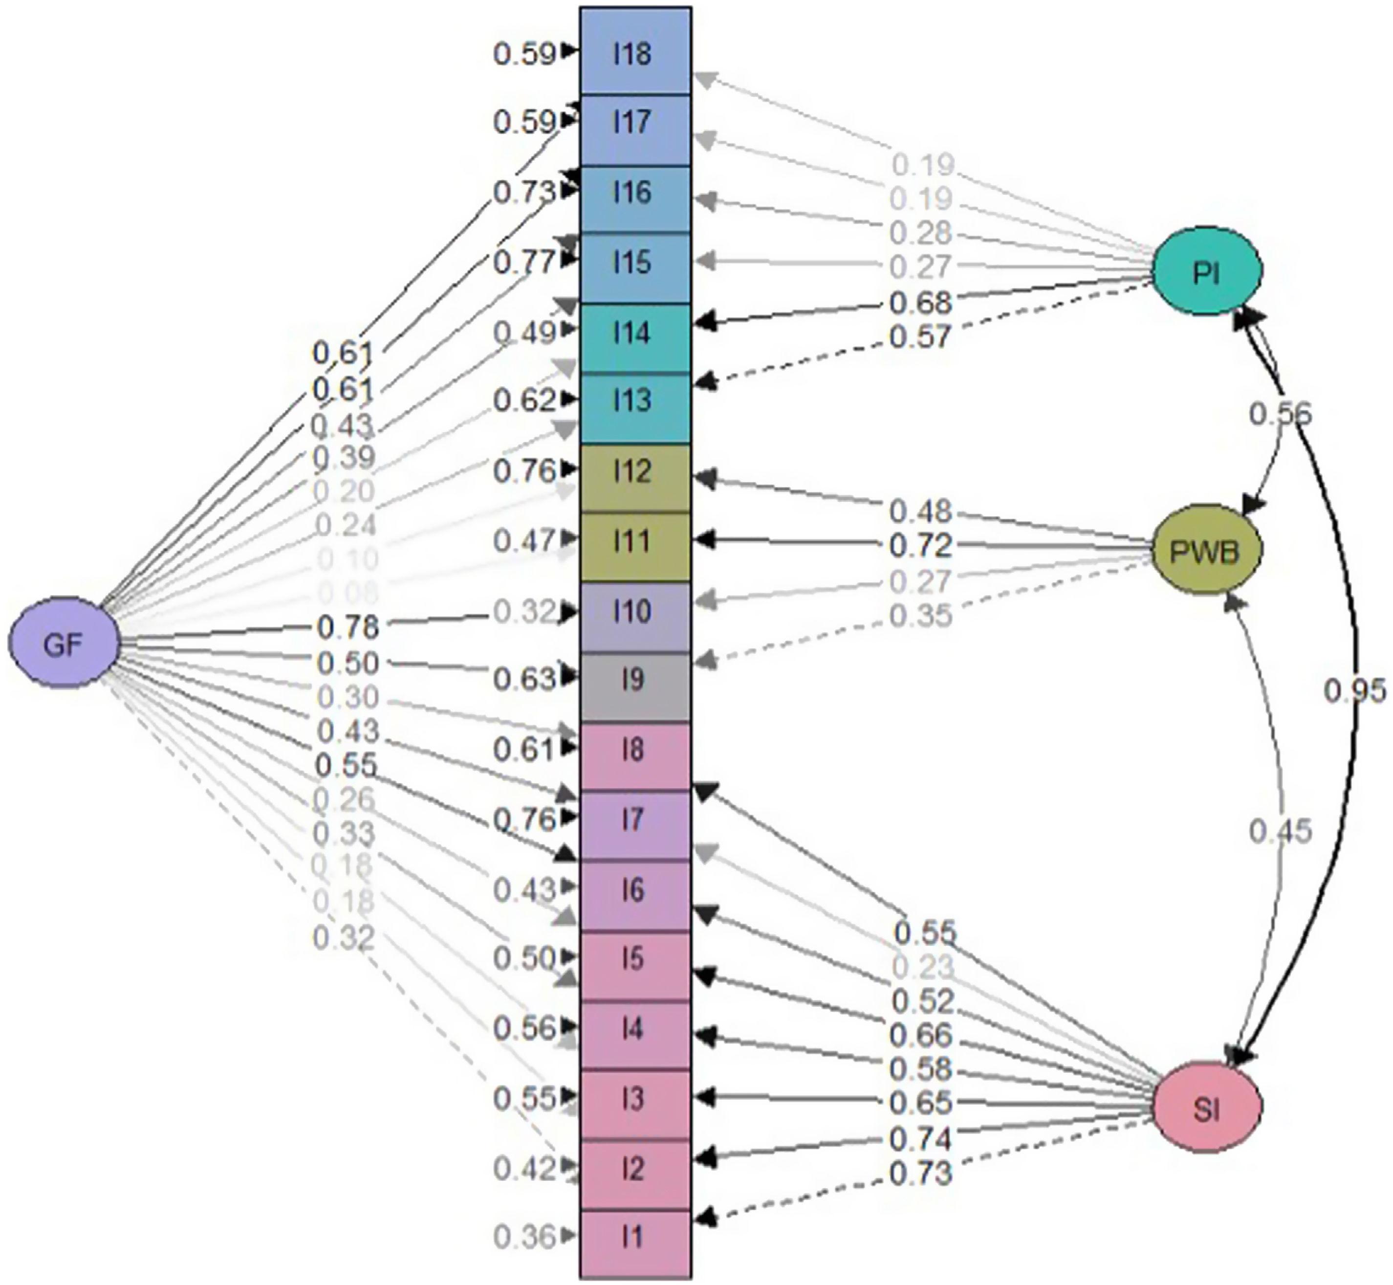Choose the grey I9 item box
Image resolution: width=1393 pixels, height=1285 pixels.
(x=634, y=681)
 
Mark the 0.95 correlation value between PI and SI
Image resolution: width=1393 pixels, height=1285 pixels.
(x=1354, y=690)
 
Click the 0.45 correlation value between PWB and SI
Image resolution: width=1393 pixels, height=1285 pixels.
(x=1281, y=830)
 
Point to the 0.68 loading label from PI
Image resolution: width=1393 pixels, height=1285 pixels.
(x=920, y=303)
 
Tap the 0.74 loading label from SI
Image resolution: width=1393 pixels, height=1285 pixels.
(x=920, y=1138)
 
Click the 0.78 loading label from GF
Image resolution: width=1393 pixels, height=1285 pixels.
(x=348, y=627)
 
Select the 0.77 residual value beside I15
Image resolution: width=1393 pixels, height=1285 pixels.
(x=525, y=262)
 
